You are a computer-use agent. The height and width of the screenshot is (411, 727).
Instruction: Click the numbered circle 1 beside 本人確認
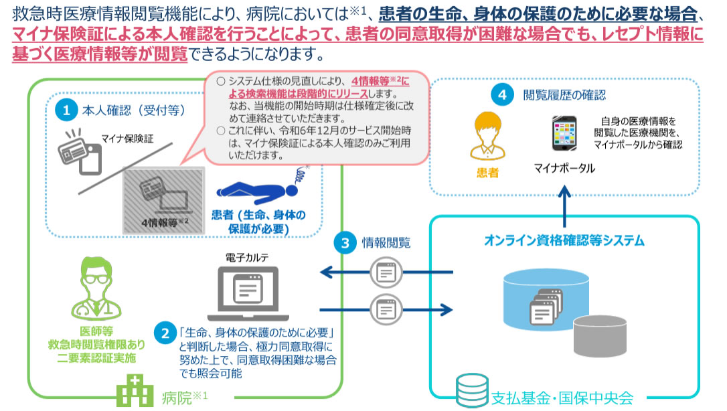point(66,110)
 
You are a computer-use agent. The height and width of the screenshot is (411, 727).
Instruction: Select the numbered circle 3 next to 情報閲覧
point(345,243)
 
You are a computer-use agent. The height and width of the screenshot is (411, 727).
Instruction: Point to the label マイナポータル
point(564,168)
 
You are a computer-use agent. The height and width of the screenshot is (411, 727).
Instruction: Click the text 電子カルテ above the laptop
point(249,256)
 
